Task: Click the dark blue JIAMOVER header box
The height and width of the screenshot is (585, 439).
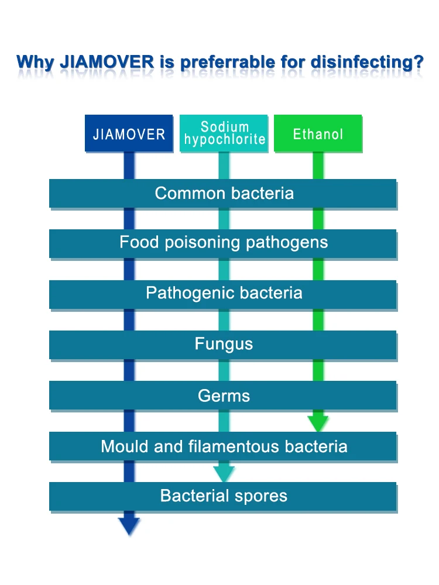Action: click(x=129, y=133)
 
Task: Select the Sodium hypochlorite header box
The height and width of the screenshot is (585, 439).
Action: click(x=224, y=133)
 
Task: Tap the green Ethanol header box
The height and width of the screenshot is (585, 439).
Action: click(x=318, y=133)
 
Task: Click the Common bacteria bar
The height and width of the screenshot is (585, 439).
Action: click(x=223, y=193)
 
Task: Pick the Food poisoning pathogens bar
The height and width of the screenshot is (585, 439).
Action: click(x=223, y=243)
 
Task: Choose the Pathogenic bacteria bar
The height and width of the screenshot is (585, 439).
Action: click(x=223, y=294)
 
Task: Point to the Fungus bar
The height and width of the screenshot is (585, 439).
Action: click(x=223, y=345)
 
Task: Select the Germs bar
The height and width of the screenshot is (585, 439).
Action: click(x=223, y=395)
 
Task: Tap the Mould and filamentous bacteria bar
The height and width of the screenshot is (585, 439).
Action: click(x=223, y=446)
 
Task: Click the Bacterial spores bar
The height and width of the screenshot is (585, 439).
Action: click(x=223, y=496)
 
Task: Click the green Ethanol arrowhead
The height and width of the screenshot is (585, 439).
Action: click(x=318, y=423)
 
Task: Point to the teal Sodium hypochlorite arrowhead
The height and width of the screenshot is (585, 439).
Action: click(x=224, y=474)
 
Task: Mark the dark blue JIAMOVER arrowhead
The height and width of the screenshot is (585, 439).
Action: click(x=129, y=526)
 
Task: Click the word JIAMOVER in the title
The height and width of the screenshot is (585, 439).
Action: click(x=107, y=62)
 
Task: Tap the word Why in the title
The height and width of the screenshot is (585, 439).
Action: click(x=36, y=63)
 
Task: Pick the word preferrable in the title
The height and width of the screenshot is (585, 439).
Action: click(x=228, y=63)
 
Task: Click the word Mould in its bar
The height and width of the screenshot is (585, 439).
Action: click(x=125, y=446)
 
